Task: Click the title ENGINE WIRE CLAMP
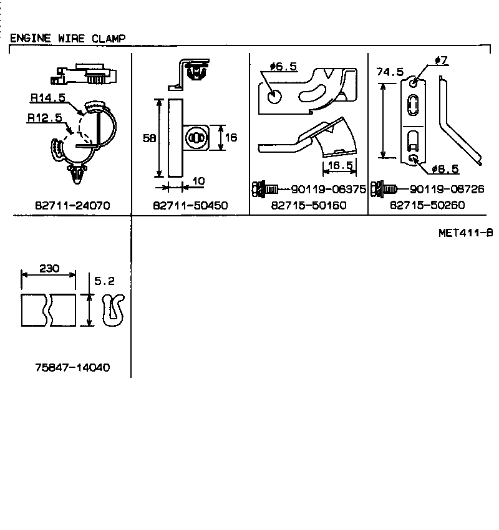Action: tap(67, 38)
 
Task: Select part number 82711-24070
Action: tap(72, 205)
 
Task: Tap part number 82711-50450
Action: tap(190, 205)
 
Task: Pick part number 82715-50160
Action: tap(309, 205)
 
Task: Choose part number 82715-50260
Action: tap(427, 205)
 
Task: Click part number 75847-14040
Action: tap(72, 367)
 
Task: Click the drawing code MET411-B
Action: tap(465, 233)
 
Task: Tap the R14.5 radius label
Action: tap(47, 98)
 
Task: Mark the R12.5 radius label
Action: tap(44, 117)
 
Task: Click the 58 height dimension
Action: tap(149, 138)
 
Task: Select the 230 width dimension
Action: tap(49, 269)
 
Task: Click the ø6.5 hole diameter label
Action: tap(283, 67)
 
